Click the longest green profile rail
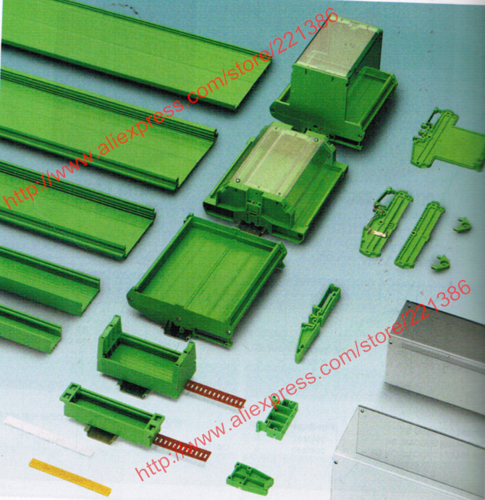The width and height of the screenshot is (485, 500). pos(134,51)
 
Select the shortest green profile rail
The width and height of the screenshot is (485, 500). pos(30,329)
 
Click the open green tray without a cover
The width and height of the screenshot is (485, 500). pos(208,281)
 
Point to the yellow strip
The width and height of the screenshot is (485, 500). pos(70,477)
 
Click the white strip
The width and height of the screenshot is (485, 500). pos(48,436)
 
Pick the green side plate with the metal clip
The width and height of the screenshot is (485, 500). pos(385,221)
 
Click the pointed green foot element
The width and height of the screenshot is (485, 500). pos(318,322)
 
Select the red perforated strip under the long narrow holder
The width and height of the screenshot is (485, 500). pos(182,446)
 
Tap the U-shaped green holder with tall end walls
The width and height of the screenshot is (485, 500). pos(146,359)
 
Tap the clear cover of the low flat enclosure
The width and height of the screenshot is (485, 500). pos(281,159)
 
